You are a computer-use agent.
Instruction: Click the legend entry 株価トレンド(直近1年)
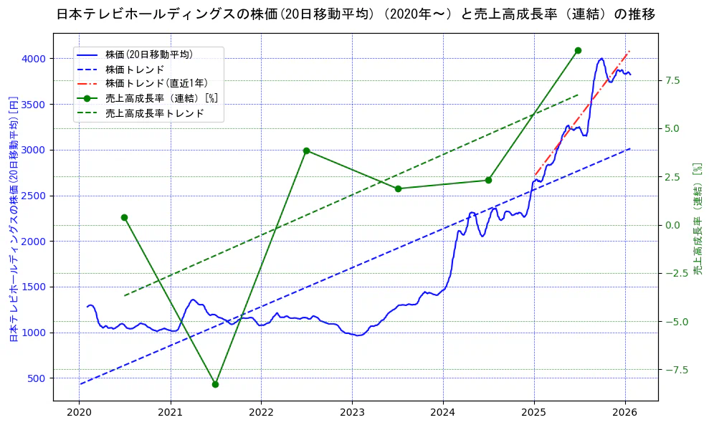click(x=156, y=83)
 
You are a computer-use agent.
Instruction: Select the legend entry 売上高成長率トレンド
click(x=154, y=113)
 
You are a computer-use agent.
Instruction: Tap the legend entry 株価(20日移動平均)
click(x=148, y=54)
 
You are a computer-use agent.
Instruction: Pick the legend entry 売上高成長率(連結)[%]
click(x=161, y=98)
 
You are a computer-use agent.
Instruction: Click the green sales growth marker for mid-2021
click(x=215, y=384)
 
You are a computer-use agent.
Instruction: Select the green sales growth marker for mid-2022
click(x=306, y=151)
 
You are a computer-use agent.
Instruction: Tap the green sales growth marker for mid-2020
click(x=124, y=217)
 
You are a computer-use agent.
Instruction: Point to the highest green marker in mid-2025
click(x=578, y=50)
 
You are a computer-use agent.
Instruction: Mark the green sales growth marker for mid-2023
click(x=398, y=188)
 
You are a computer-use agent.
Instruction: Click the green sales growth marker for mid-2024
click(x=488, y=180)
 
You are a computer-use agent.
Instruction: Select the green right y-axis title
click(x=697, y=218)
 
